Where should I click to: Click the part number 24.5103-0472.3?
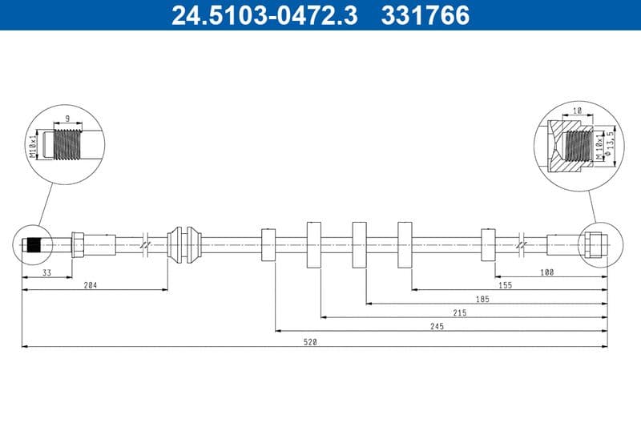coord(264,14)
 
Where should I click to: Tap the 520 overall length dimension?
coord(311,342)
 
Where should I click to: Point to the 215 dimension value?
coord(459,313)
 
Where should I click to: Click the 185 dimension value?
coord(481,299)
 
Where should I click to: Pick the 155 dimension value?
coord(504,285)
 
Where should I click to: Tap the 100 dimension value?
coord(546,272)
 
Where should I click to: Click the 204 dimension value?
coord(91,285)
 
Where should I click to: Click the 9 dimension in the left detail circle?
coord(67,119)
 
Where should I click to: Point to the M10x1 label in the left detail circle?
coord(34,145)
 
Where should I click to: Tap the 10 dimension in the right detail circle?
coord(577,111)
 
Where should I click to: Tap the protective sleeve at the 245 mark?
coord(268,244)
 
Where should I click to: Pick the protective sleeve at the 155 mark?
coord(488,244)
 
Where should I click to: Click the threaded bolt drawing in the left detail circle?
coord(71,145)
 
